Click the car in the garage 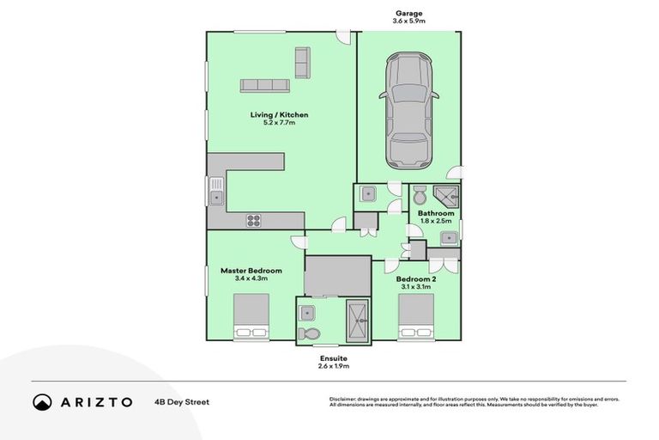coord(409,111)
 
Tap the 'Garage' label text coord(409,13)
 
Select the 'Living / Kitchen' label coord(279,114)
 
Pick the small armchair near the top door coord(301,63)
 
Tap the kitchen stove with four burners coord(254,219)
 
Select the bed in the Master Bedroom coord(251,316)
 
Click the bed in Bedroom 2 coord(415,316)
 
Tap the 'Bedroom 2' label coord(415,279)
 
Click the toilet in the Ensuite coord(310,333)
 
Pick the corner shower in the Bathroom coord(447,197)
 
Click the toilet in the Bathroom coord(420,194)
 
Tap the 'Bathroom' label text coord(436,213)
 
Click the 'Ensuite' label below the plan coord(333,357)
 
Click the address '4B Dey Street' coord(182,402)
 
